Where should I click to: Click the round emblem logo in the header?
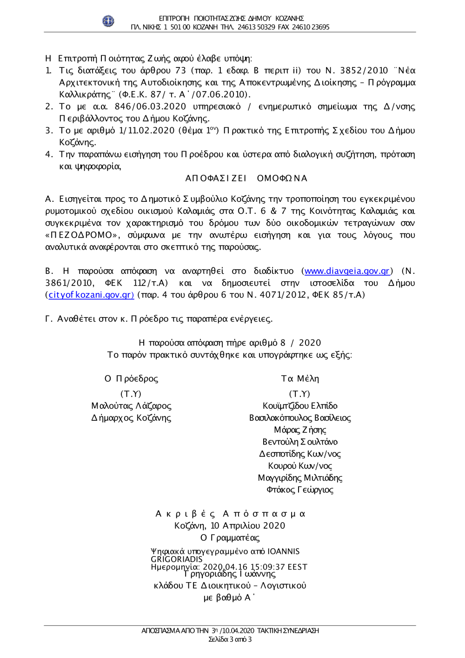108,21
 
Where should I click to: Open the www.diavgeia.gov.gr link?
346,271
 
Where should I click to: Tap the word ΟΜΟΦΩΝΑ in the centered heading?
282,178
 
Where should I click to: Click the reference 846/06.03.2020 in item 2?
150,106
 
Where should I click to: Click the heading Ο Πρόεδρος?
131,379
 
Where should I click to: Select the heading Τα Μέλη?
300,379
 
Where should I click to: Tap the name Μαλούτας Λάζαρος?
131,406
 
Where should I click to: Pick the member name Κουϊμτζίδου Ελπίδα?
300,406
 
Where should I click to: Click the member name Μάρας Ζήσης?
300,430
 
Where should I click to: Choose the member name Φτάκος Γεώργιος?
300,490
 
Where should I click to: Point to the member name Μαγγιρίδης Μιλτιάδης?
300,478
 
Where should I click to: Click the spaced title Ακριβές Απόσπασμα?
230,514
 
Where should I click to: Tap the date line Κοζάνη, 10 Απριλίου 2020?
230,526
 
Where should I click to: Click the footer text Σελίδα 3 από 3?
230,639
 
